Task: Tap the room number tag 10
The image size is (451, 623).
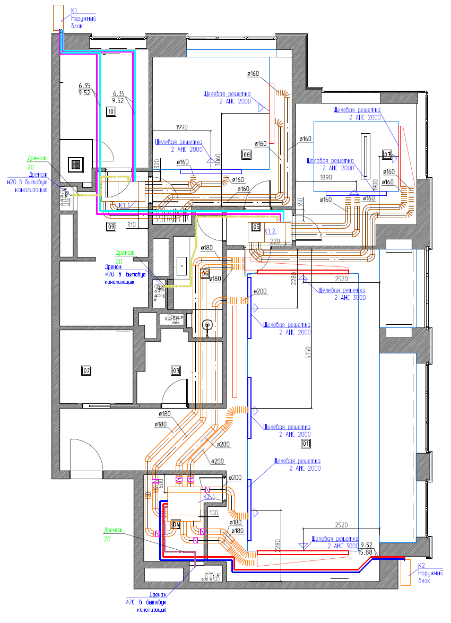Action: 111,111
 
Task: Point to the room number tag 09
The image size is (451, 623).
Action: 111,227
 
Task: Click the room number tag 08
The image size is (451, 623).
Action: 246,154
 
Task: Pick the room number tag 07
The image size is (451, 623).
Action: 387,155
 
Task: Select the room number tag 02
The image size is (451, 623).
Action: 86,370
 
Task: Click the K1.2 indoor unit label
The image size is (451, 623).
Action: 271,231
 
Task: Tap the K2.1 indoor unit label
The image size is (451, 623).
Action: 209,496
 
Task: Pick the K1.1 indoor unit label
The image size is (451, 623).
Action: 126,205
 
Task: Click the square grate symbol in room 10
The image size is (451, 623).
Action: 76,164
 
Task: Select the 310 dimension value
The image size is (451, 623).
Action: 133,224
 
